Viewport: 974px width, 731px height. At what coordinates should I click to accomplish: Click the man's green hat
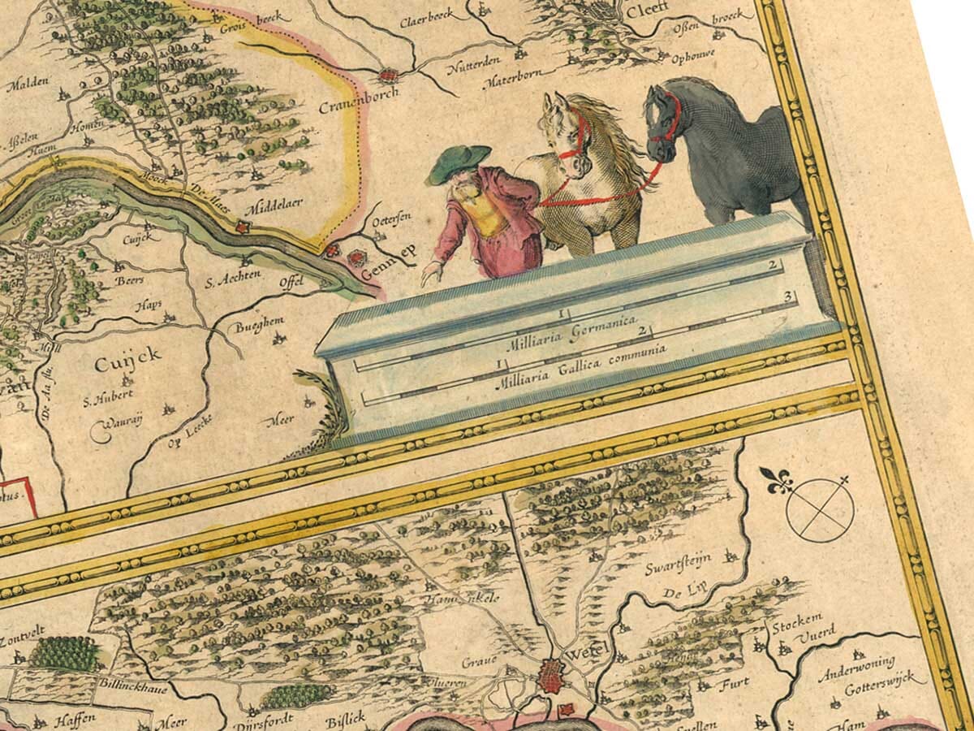point(459,162)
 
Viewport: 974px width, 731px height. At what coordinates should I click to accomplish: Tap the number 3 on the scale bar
point(787,302)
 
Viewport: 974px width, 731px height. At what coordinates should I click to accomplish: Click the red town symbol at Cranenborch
point(389,76)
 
